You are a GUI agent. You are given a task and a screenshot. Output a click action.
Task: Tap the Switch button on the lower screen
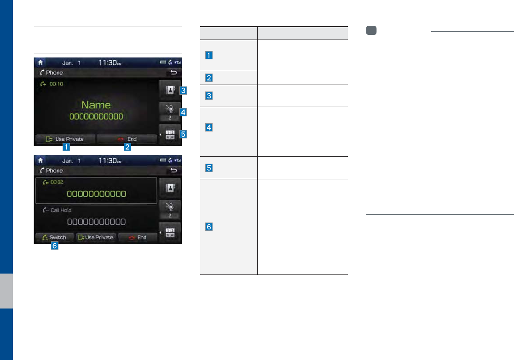point(54,238)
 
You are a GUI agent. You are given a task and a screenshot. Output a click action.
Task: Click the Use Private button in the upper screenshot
point(65,139)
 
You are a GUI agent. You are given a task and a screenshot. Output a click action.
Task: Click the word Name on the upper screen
point(96,105)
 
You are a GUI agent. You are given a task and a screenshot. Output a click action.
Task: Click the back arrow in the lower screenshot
point(173,171)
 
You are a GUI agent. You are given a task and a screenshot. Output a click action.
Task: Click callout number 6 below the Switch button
point(55,246)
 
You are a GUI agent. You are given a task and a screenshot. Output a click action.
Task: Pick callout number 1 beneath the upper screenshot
point(67,148)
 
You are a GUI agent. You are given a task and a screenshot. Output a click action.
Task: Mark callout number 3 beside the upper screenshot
point(183,91)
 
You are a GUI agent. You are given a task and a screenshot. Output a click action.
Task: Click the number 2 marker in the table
point(209,78)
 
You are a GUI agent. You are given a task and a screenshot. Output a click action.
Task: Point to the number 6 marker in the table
point(209,227)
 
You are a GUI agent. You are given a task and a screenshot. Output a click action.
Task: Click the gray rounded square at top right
point(371,30)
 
